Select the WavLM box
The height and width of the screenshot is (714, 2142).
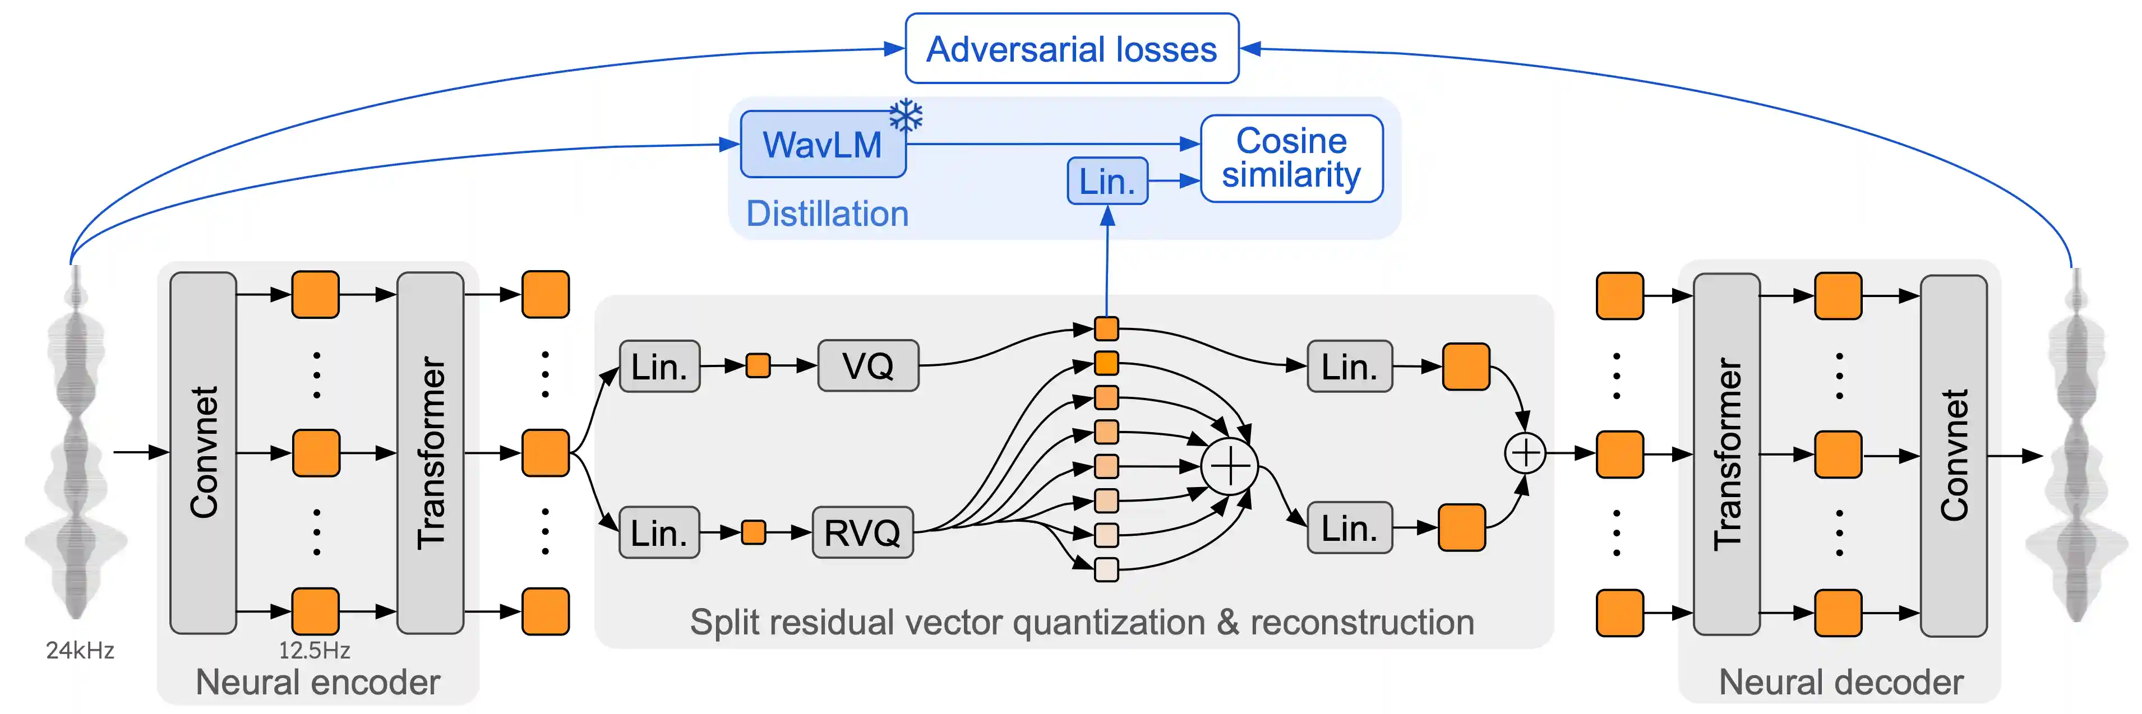tap(823, 145)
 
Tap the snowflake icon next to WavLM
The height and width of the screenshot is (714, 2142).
tap(906, 115)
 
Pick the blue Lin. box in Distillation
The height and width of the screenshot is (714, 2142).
tap(1107, 181)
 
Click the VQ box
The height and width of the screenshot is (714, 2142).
tap(867, 366)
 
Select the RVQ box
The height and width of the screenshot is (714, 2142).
tap(862, 532)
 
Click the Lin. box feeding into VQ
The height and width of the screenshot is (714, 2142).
tap(659, 366)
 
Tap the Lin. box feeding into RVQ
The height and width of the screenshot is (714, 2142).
tap(659, 532)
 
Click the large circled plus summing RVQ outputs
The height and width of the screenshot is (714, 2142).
tap(1229, 466)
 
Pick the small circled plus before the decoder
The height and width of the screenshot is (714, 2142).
tap(1525, 453)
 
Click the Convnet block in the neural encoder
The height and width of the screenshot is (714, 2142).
tap(203, 453)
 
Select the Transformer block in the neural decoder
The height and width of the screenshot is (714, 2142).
tap(1726, 455)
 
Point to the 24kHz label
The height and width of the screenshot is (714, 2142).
tap(80, 650)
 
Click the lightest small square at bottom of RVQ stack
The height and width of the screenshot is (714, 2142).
tap(1106, 569)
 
